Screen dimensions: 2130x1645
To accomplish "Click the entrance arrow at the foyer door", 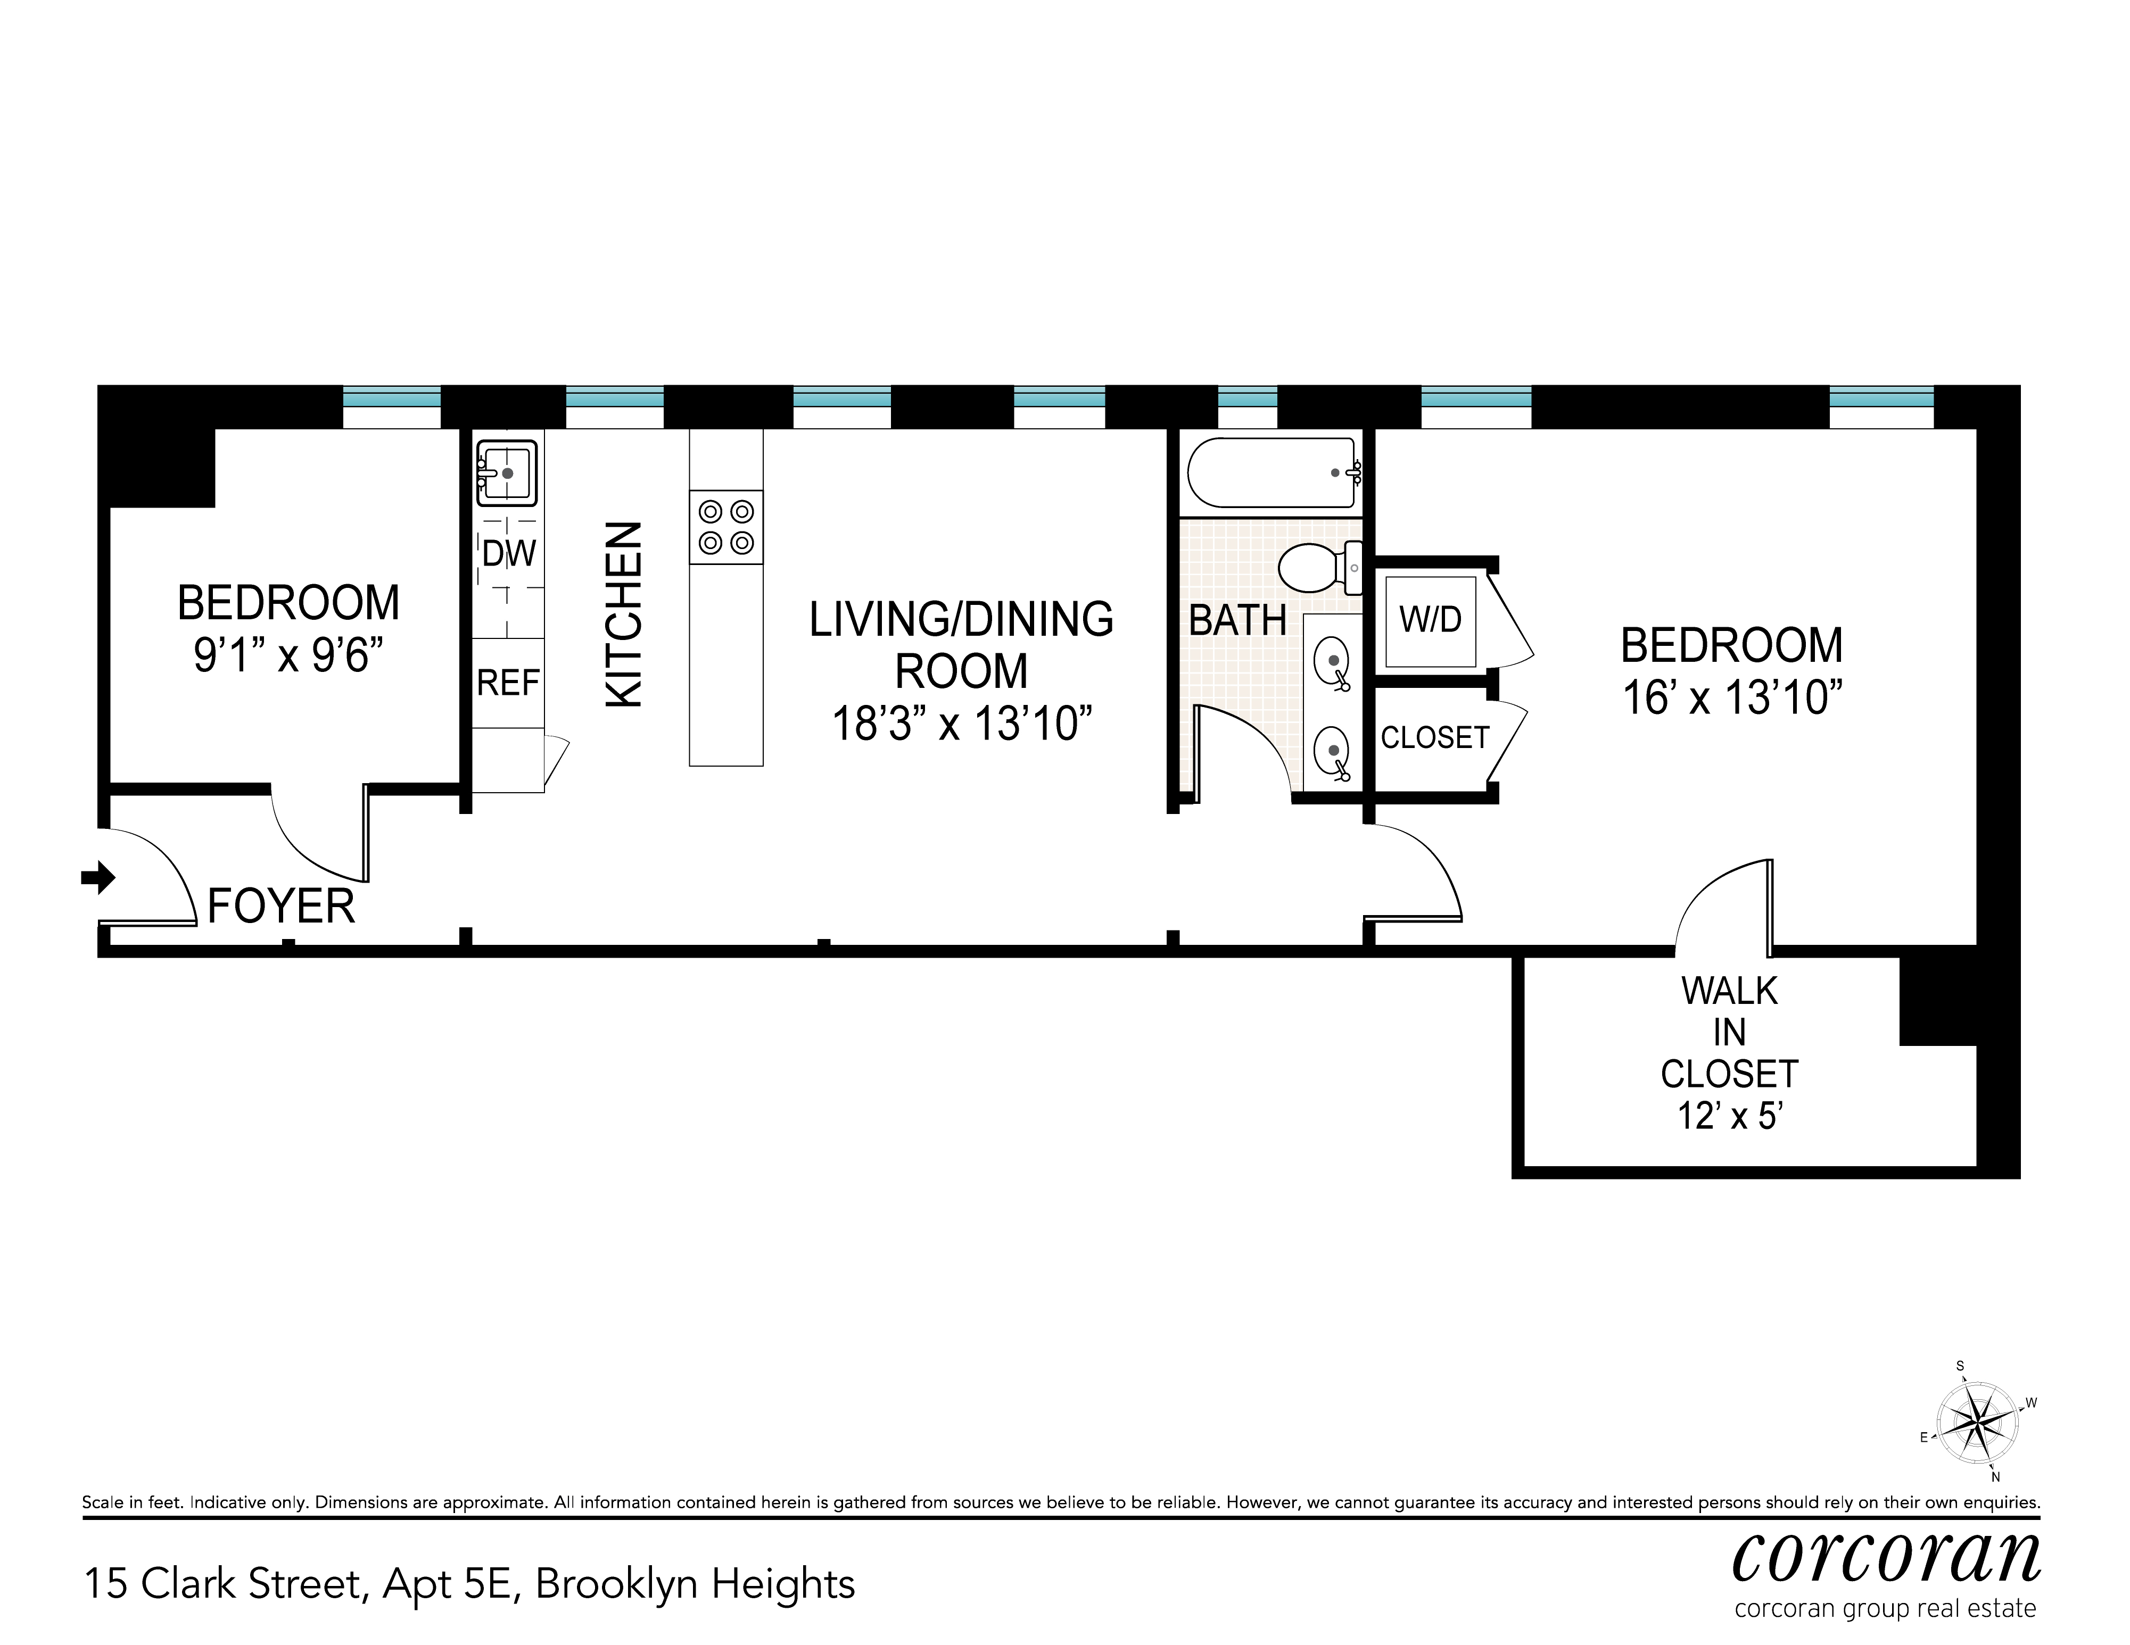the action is pos(97,878).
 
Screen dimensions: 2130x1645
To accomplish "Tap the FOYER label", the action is pos(281,907).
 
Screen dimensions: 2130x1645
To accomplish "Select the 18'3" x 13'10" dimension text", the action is pos(962,725).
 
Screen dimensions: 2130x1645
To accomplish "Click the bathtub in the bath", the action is pos(1271,473).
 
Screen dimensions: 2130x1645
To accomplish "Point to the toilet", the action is pos(1317,568).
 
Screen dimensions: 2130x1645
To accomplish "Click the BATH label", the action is pos(1237,621).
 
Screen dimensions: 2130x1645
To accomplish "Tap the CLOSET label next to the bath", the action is pos(1434,738).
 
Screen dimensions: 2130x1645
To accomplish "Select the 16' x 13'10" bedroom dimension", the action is pos(1732,698).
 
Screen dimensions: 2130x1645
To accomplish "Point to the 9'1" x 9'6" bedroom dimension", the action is pos(288,655).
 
